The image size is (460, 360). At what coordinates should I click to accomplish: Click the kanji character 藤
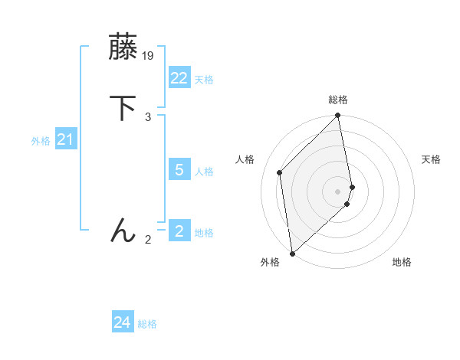[x=123, y=47]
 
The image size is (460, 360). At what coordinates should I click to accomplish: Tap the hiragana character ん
[x=123, y=230]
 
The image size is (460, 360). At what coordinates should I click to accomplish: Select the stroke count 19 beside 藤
[x=149, y=56]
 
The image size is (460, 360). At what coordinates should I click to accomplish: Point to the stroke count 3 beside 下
[x=148, y=116]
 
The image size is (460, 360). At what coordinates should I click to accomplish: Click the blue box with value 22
[x=179, y=78]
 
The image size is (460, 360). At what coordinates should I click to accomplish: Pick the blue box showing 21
[x=65, y=139]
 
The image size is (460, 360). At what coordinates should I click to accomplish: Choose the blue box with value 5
[x=179, y=170]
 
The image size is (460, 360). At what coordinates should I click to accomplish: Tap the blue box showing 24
[x=122, y=323]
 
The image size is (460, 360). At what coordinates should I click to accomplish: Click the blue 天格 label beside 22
[x=204, y=80]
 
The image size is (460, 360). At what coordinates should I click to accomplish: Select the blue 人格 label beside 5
[x=204, y=172]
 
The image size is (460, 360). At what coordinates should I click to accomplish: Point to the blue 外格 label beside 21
[x=41, y=141]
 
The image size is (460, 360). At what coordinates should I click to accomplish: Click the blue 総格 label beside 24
[x=147, y=325]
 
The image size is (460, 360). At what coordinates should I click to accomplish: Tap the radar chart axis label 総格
[x=338, y=100]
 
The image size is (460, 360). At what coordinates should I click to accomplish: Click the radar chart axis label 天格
[x=431, y=159]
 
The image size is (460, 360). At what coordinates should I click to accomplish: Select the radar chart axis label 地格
[x=402, y=263]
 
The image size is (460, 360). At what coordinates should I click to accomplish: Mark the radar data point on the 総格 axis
[x=338, y=116]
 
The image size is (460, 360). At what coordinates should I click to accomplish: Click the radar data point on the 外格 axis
[x=292, y=253]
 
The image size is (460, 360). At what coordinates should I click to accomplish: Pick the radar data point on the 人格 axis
[x=280, y=172]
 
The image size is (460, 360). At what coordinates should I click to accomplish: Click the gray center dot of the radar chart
[x=338, y=191]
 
